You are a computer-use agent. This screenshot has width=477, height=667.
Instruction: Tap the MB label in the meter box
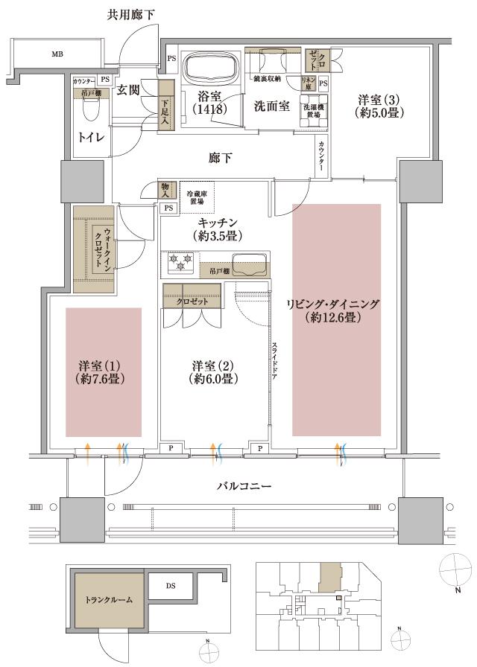(x=57, y=54)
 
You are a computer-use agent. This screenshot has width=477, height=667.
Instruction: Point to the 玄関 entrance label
(x=129, y=91)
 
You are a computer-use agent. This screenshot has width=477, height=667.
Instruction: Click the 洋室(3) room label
(x=370, y=106)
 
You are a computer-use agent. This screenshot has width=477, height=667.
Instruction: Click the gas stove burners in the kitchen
(x=179, y=263)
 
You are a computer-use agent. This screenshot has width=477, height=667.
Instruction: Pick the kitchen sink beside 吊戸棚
(x=249, y=264)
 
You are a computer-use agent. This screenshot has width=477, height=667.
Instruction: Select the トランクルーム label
(x=109, y=600)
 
